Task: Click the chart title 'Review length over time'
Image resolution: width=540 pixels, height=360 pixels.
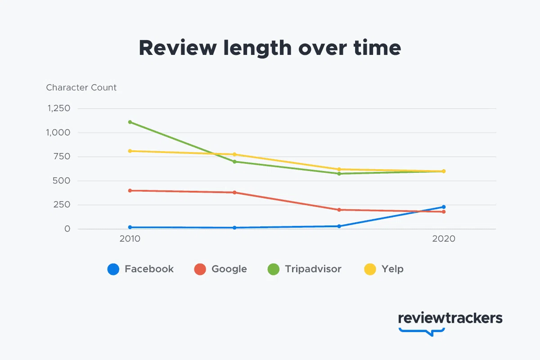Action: click(270, 48)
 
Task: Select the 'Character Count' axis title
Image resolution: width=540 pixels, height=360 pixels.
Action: click(81, 88)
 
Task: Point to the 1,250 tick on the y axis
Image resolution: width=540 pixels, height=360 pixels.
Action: click(59, 108)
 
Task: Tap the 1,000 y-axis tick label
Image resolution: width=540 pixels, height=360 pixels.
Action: click(58, 132)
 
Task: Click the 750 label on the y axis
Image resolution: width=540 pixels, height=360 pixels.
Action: click(62, 157)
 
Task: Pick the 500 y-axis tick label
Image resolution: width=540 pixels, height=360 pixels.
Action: click(61, 180)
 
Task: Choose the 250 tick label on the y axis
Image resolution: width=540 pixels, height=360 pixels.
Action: click(62, 205)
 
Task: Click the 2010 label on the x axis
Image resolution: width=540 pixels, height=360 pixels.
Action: click(130, 238)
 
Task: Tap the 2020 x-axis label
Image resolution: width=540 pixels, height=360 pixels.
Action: click(444, 238)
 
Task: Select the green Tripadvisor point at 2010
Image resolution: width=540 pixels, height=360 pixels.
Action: click(130, 122)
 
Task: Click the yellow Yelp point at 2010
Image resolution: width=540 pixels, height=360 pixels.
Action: click(130, 151)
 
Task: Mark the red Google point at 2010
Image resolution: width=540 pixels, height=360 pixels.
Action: click(130, 190)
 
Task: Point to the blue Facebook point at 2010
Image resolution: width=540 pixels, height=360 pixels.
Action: click(130, 227)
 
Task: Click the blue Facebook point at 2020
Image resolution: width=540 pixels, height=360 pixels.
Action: click(444, 207)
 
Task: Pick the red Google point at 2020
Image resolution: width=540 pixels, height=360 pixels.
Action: click(444, 211)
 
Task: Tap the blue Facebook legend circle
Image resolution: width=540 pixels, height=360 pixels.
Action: click(113, 269)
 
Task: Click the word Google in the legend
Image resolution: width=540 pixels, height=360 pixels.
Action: click(229, 269)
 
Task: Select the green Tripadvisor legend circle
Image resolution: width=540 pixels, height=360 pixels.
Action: click(274, 269)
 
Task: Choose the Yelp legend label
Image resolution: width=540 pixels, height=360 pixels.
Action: click(392, 269)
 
